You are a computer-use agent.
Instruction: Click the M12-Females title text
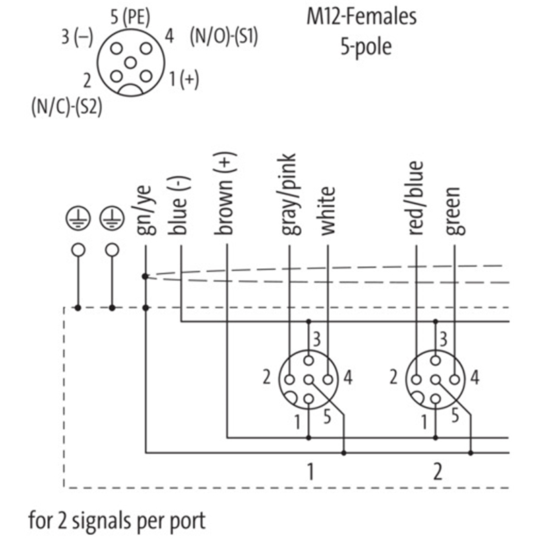(361, 17)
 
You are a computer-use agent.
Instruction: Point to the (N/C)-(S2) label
(67, 106)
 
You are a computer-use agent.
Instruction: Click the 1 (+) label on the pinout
(184, 80)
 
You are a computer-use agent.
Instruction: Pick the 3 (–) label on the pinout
(77, 36)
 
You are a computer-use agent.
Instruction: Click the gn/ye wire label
(146, 210)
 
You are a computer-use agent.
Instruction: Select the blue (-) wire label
(181, 205)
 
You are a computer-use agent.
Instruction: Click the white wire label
(327, 211)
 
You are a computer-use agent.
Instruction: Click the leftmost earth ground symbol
(79, 217)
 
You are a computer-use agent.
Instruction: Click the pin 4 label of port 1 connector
(348, 378)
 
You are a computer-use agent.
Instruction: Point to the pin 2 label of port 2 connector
(393, 378)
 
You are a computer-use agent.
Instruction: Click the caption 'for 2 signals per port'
(117, 521)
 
